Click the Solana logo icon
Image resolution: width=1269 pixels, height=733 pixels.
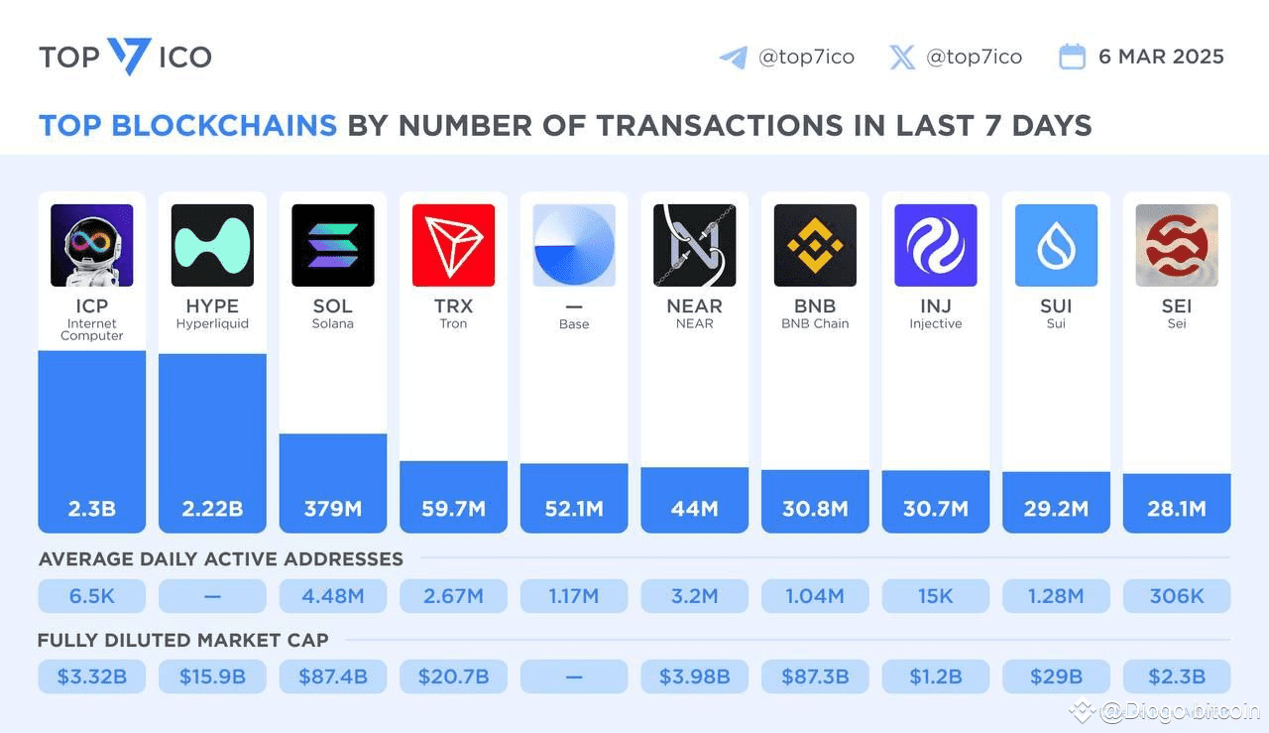(333, 245)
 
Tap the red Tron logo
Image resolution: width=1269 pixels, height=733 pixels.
(453, 245)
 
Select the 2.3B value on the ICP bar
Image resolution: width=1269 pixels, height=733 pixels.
(92, 509)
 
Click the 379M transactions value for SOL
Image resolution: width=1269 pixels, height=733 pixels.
(333, 509)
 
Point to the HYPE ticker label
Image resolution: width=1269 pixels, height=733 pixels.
(212, 305)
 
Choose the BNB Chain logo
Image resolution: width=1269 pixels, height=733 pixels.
(815, 245)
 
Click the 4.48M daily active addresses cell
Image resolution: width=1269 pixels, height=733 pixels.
(333, 596)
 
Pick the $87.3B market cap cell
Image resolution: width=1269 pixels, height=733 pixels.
(815, 677)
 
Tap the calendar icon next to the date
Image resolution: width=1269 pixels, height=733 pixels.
(1072, 57)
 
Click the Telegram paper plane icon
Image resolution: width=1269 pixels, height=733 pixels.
(733, 57)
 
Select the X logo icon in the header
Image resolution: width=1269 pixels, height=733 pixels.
(902, 57)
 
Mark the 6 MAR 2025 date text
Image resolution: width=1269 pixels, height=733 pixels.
(1161, 57)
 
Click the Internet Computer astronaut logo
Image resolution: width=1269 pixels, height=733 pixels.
(92, 245)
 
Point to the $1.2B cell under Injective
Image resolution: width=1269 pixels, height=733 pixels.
(936, 677)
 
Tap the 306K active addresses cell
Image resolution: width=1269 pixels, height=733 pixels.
(1177, 596)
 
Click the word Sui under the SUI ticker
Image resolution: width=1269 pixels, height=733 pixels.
(1056, 324)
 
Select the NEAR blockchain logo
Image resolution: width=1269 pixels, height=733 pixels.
(694, 245)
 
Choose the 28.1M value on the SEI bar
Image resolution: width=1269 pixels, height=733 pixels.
(1177, 509)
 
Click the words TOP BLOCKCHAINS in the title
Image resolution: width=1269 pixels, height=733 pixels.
(187, 126)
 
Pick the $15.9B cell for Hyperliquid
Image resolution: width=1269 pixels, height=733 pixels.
(212, 677)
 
